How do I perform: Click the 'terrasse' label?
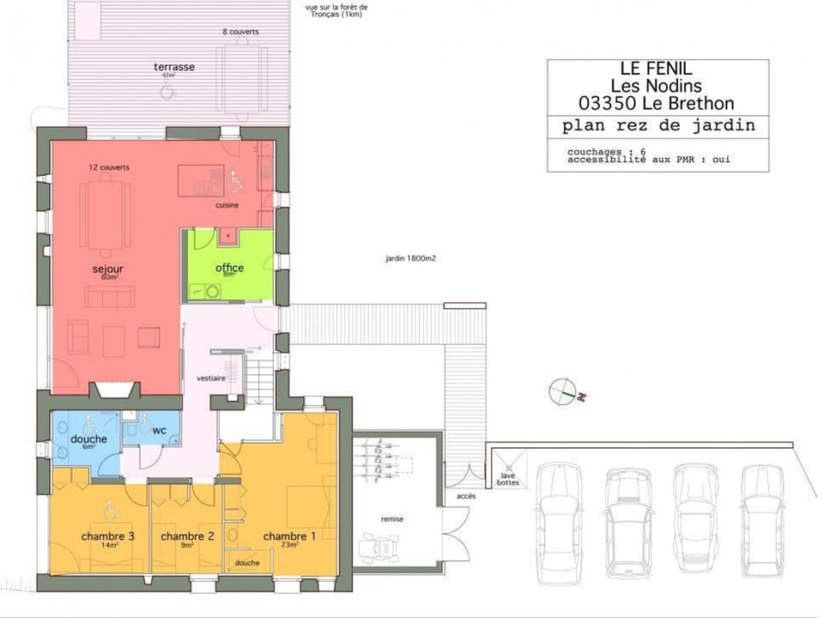coord(173,67)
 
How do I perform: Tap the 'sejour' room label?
coord(108,270)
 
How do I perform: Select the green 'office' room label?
coord(229,268)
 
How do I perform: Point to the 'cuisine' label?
coord(227,205)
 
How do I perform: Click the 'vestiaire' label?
coord(211,378)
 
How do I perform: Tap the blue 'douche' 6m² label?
coord(88,439)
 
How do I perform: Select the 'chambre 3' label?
coord(107,536)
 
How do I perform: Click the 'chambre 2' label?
coord(187,536)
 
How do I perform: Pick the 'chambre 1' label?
coord(289,536)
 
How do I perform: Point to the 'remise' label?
coord(392,519)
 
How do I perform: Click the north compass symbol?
coord(561,391)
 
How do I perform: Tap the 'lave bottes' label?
coord(507,479)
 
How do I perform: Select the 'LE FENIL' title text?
coord(657,68)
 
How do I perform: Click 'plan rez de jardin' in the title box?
coord(657,125)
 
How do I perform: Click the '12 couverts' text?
coord(109,167)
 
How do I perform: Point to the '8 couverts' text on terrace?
coord(240,32)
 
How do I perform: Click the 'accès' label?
coord(466,496)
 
